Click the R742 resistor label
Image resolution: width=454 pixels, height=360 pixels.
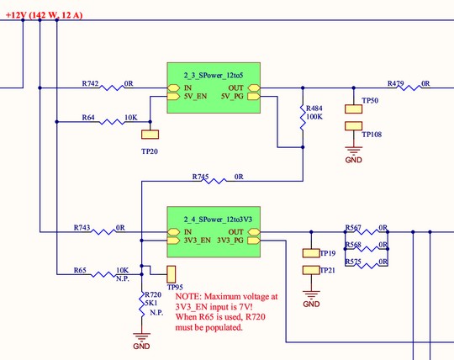(x=90, y=84)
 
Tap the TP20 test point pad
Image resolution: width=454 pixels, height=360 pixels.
(x=150, y=135)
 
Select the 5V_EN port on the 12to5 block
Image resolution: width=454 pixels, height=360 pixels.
(x=173, y=96)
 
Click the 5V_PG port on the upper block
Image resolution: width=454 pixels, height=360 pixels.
(x=254, y=96)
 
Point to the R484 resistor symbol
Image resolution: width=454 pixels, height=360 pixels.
(x=303, y=117)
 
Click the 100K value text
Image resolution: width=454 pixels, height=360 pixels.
(x=314, y=117)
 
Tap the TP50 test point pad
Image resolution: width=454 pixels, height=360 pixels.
(x=353, y=109)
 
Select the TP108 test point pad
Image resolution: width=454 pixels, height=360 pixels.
(x=353, y=126)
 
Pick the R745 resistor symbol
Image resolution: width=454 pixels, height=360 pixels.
(x=214, y=182)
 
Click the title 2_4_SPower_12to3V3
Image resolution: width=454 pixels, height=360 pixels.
(x=218, y=220)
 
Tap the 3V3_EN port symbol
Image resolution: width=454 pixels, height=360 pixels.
(x=173, y=241)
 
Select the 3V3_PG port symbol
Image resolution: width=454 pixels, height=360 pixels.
(x=254, y=241)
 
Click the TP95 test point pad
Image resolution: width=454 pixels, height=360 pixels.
(x=172, y=274)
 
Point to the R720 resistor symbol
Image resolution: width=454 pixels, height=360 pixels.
(x=141, y=304)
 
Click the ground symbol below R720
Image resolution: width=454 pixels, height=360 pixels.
(x=141, y=337)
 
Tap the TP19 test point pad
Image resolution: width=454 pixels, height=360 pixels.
(x=311, y=253)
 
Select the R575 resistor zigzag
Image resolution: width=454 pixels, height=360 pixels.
(x=367, y=265)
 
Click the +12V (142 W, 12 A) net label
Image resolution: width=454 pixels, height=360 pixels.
(x=44, y=15)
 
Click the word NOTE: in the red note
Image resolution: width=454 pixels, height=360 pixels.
(x=188, y=297)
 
